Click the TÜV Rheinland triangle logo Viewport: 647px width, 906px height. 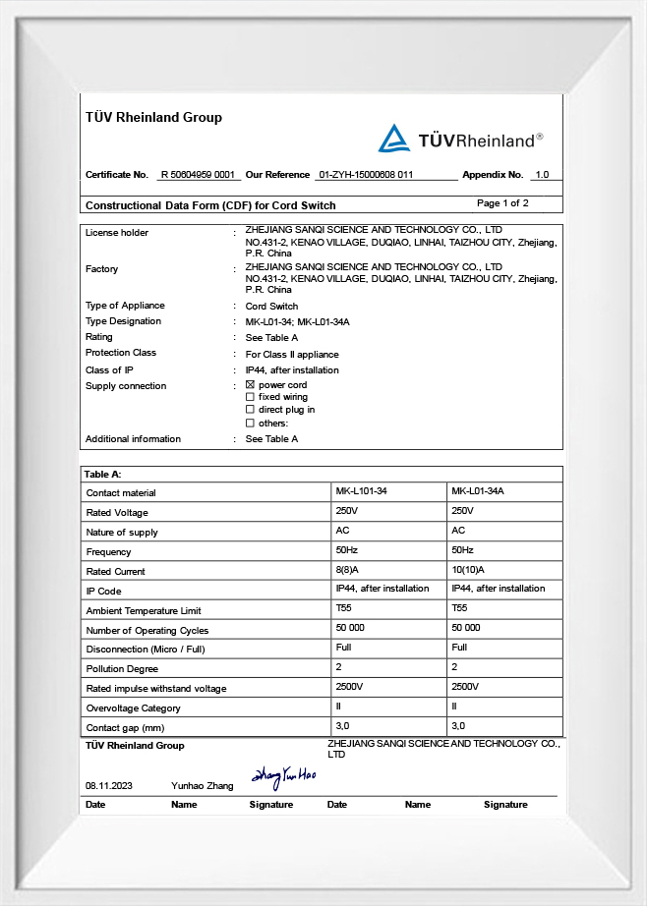tap(394, 139)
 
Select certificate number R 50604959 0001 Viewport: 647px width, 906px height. tap(200, 175)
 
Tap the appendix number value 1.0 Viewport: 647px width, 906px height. tap(541, 175)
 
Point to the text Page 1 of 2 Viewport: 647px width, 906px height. tap(502, 203)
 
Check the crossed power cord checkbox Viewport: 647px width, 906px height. tap(250, 385)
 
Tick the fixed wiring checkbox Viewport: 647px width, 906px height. tap(250, 397)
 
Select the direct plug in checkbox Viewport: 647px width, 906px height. tap(250, 410)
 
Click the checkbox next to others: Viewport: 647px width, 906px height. tap(250, 423)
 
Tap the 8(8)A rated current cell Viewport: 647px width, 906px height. tap(348, 570)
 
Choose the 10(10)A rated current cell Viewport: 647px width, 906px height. tap(468, 570)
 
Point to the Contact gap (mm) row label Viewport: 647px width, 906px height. tap(124, 728)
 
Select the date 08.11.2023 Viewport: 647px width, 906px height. tap(108, 786)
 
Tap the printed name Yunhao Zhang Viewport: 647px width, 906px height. tap(202, 786)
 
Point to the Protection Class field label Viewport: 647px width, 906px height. tap(121, 353)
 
